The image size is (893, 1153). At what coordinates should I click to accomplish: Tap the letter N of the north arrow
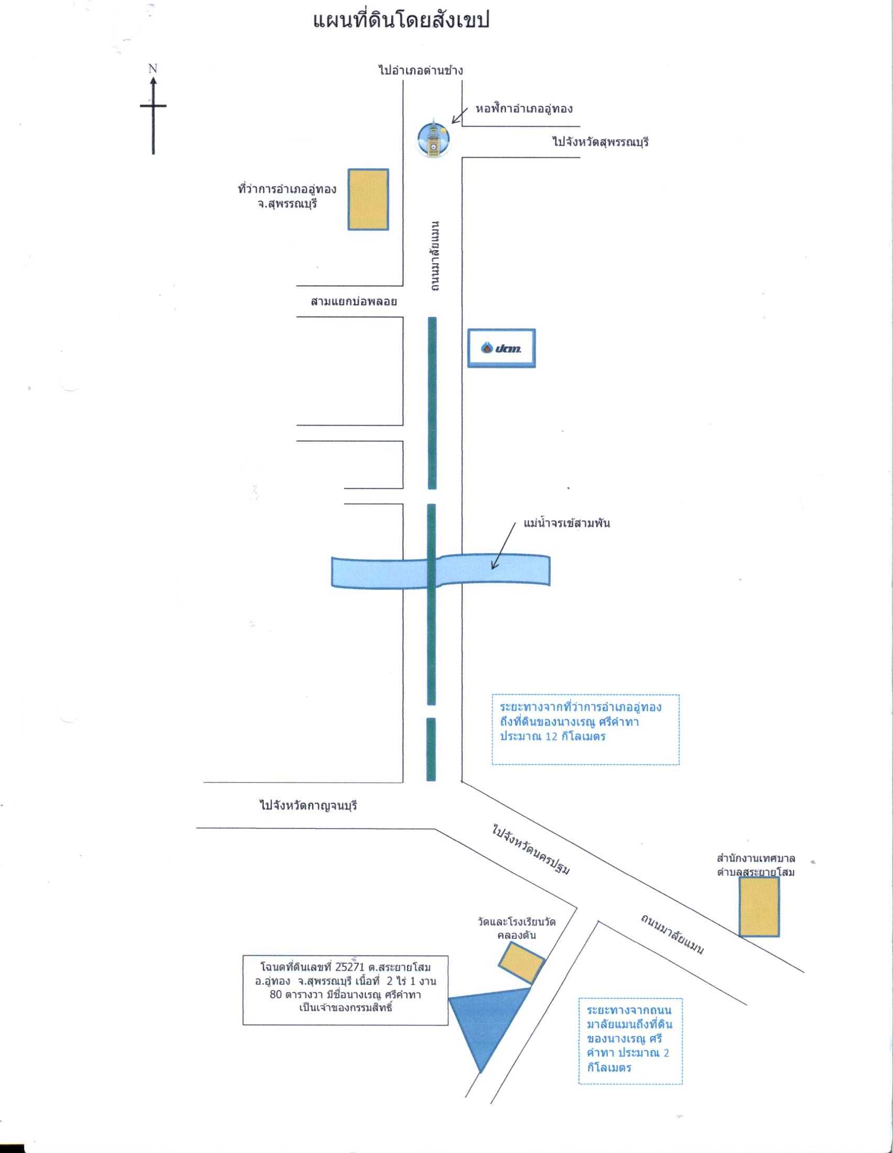(153, 68)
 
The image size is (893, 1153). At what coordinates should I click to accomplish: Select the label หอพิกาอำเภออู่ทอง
(524, 110)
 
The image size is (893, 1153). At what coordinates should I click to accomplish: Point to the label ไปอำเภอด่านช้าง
(421, 70)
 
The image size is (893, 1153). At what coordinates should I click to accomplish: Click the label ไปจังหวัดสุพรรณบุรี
(601, 142)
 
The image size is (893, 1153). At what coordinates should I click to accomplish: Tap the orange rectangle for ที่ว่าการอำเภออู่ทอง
(368, 200)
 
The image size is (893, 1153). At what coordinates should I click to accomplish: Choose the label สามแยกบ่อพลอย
(354, 302)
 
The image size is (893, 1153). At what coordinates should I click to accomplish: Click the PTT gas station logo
(502, 348)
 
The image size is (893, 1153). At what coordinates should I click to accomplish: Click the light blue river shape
(441, 571)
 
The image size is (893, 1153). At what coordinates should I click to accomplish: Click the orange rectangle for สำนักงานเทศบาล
(759, 907)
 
